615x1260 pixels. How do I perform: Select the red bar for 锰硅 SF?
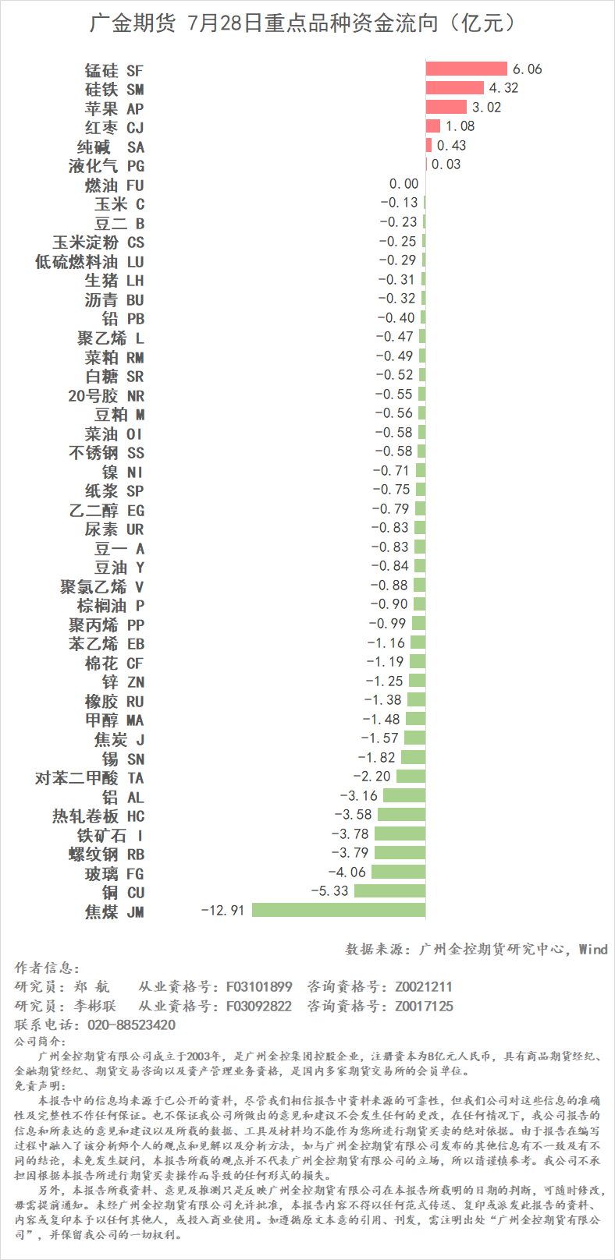click(466, 69)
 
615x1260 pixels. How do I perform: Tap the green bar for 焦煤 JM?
click(339, 910)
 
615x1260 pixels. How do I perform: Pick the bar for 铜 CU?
click(389, 891)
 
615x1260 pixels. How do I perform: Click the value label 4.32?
click(503, 88)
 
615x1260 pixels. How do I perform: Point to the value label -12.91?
click(223, 911)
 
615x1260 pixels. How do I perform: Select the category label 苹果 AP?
click(114, 108)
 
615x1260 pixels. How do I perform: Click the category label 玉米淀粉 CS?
click(98, 242)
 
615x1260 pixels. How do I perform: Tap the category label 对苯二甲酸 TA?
click(90, 778)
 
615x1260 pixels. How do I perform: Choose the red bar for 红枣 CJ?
click(432, 126)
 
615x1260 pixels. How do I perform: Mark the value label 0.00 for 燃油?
click(403, 184)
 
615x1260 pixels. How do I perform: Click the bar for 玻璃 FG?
click(398, 872)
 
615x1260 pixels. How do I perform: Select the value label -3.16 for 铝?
click(358, 796)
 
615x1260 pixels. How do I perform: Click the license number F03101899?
click(259, 987)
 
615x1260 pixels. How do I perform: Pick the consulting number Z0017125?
click(424, 1006)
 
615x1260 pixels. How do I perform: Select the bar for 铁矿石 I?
click(400, 834)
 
